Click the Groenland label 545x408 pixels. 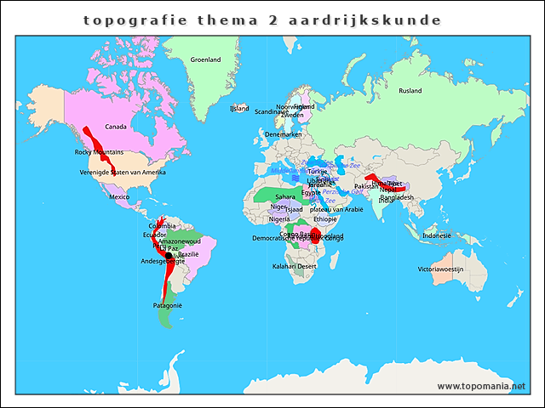[x=205, y=59]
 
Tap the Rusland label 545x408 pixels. [x=410, y=90]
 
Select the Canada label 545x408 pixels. [x=116, y=127]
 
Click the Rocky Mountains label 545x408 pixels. [x=99, y=152]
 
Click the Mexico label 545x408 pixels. [x=119, y=196]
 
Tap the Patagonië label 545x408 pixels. [x=167, y=305]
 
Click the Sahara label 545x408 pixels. [x=285, y=196]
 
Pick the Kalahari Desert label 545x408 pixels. [x=295, y=266]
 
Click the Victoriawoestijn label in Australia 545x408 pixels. [x=440, y=269]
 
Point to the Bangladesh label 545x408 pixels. [x=397, y=197]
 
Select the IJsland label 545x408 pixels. [x=239, y=108]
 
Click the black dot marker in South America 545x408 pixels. [x=169, y=255]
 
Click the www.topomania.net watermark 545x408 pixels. [x=481, y=386]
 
